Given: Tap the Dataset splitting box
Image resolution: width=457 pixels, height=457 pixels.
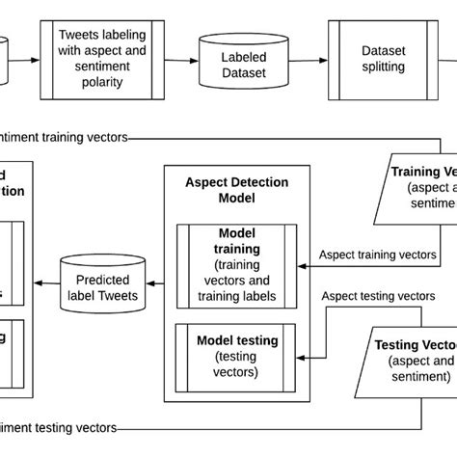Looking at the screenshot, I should pyautogui.click(x=382, y=60).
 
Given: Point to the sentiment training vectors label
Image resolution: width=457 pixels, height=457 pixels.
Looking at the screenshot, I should pyautogui.click(x=64, y=137).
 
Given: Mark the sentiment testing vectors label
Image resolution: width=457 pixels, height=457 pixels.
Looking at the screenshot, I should pyautogui.click(x=58, y=427).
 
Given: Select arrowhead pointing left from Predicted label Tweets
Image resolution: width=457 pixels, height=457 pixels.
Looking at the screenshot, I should pyautogui.click(x=40, y=282).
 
